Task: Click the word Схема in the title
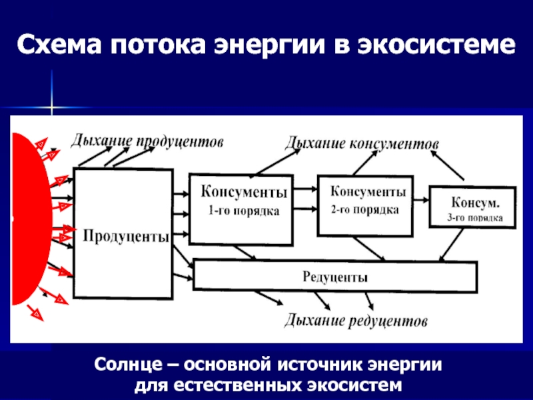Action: (x=59, y=44)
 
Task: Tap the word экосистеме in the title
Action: (x=437, y=44)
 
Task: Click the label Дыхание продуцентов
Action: (x=147, y=141)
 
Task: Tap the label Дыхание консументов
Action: (x=362, y=143)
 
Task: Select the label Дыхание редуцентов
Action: (x=356, y=321)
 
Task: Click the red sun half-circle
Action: (x=31, y=219)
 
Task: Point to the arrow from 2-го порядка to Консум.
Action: (x=421, y=200)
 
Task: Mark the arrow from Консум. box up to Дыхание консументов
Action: (x=447, y=165)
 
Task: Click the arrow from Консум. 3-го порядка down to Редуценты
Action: (x=451, y=245)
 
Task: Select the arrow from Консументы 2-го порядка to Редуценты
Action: (x=370, y=249)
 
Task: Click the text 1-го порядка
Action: (x=244, y=211)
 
